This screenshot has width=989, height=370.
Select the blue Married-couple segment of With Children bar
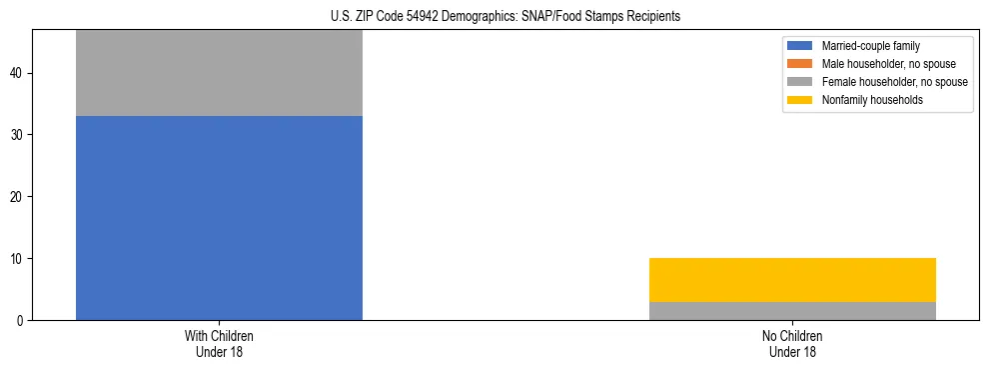[219, 218]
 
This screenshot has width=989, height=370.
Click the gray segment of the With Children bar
[219, 73]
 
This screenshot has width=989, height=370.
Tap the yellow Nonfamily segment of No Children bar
[792, 280]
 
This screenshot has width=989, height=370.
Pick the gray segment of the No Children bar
[792, 311]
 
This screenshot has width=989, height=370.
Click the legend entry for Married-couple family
[871, 46]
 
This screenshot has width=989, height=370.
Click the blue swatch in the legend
[800, 46]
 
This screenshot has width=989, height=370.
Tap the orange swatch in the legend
[800, 64]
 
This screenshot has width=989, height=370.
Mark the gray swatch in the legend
[800, 82]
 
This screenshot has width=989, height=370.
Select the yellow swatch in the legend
[800, 100]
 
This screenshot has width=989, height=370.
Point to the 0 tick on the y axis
[21, 321]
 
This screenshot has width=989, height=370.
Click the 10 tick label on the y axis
[18, 259]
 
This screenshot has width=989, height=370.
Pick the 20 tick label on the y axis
[18, 197]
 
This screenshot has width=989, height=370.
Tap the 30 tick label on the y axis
[18, 135]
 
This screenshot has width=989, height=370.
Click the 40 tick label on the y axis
[18, 74]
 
